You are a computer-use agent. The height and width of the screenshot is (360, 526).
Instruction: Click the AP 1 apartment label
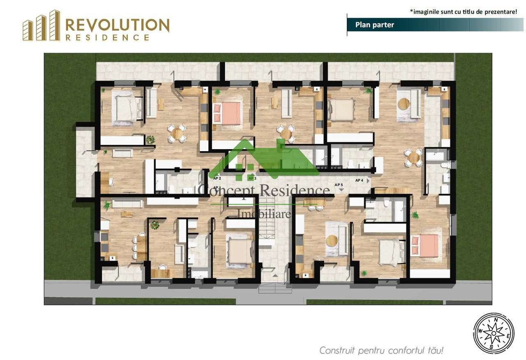point(217,187)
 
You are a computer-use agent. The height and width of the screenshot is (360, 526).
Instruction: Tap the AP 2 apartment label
point(217,178)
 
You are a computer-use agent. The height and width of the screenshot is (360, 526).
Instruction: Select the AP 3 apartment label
point(252,178)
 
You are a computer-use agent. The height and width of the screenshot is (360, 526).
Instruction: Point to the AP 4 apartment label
point(359,180)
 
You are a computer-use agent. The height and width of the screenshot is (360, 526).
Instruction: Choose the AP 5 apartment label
point(339,185)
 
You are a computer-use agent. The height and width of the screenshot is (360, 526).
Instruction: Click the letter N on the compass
point(496,319)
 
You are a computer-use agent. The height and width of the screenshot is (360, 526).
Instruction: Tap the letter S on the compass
point(491,346)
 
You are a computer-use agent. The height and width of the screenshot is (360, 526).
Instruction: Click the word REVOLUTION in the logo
point(117,25)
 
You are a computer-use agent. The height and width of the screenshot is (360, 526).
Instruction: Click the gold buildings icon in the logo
point(41,26)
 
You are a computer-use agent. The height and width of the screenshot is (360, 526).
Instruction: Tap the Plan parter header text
point(374,25)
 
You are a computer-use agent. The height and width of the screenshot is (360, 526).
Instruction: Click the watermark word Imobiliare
point(264,214)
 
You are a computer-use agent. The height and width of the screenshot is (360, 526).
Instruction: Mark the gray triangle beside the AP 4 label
point(368,180)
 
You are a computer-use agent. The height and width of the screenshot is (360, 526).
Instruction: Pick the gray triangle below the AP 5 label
point(341,190)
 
